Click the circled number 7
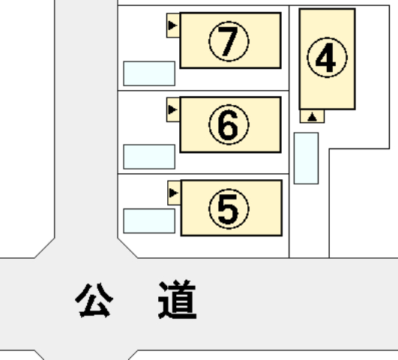coord(229,41)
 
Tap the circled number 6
coord(229,124)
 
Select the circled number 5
coord(229,208)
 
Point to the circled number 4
coord(327,58)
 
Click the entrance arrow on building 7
coord(172,25)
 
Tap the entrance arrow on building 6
coord(172,109)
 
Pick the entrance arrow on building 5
coord(173,193)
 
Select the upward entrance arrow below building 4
coord(312,117)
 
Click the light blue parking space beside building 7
coord(149,73)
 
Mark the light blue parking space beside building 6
coord(149,157)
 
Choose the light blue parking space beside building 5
coord(149,221)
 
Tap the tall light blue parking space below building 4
coord(306,158)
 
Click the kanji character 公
coord(94,300)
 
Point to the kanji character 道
coord(178,299)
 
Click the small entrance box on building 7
coord(173,25)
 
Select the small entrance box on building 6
coord(173,109)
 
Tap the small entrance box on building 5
coord(174,193)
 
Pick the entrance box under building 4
coord(312,116)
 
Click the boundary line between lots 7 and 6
coord(203,91)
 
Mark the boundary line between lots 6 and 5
coord(203,174)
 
